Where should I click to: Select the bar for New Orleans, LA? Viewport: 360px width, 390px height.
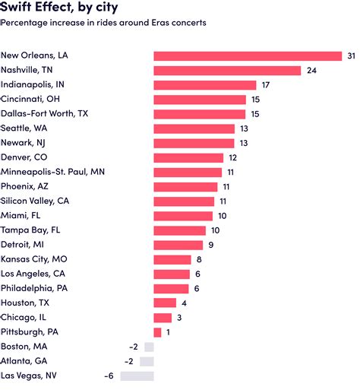tap(248, 55)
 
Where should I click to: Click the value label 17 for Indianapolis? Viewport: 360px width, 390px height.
tap(265, 84)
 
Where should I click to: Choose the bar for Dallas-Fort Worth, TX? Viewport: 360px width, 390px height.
tap(200, 113)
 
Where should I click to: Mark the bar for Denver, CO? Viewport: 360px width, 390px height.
tap(188, 157)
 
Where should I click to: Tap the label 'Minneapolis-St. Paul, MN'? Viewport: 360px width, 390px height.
tap(52, 172)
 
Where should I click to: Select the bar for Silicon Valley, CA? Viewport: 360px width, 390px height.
tap(185, 201)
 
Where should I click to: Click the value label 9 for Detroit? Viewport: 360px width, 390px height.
tap(210, 245)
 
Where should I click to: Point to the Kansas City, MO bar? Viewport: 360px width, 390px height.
tap(172, 259)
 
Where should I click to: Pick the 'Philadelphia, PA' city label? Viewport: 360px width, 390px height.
tap(35, 288)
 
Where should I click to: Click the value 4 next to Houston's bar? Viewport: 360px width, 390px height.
tap(184, 303)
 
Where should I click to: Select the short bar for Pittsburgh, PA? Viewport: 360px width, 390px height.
tap(157, 332)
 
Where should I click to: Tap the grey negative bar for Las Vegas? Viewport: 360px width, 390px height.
tap(137, 376)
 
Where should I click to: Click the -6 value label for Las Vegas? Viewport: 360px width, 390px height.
tap(109, 376)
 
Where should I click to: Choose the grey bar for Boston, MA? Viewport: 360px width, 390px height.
tap(147, 347)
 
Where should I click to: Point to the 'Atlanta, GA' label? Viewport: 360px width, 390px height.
tap(24, 361)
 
